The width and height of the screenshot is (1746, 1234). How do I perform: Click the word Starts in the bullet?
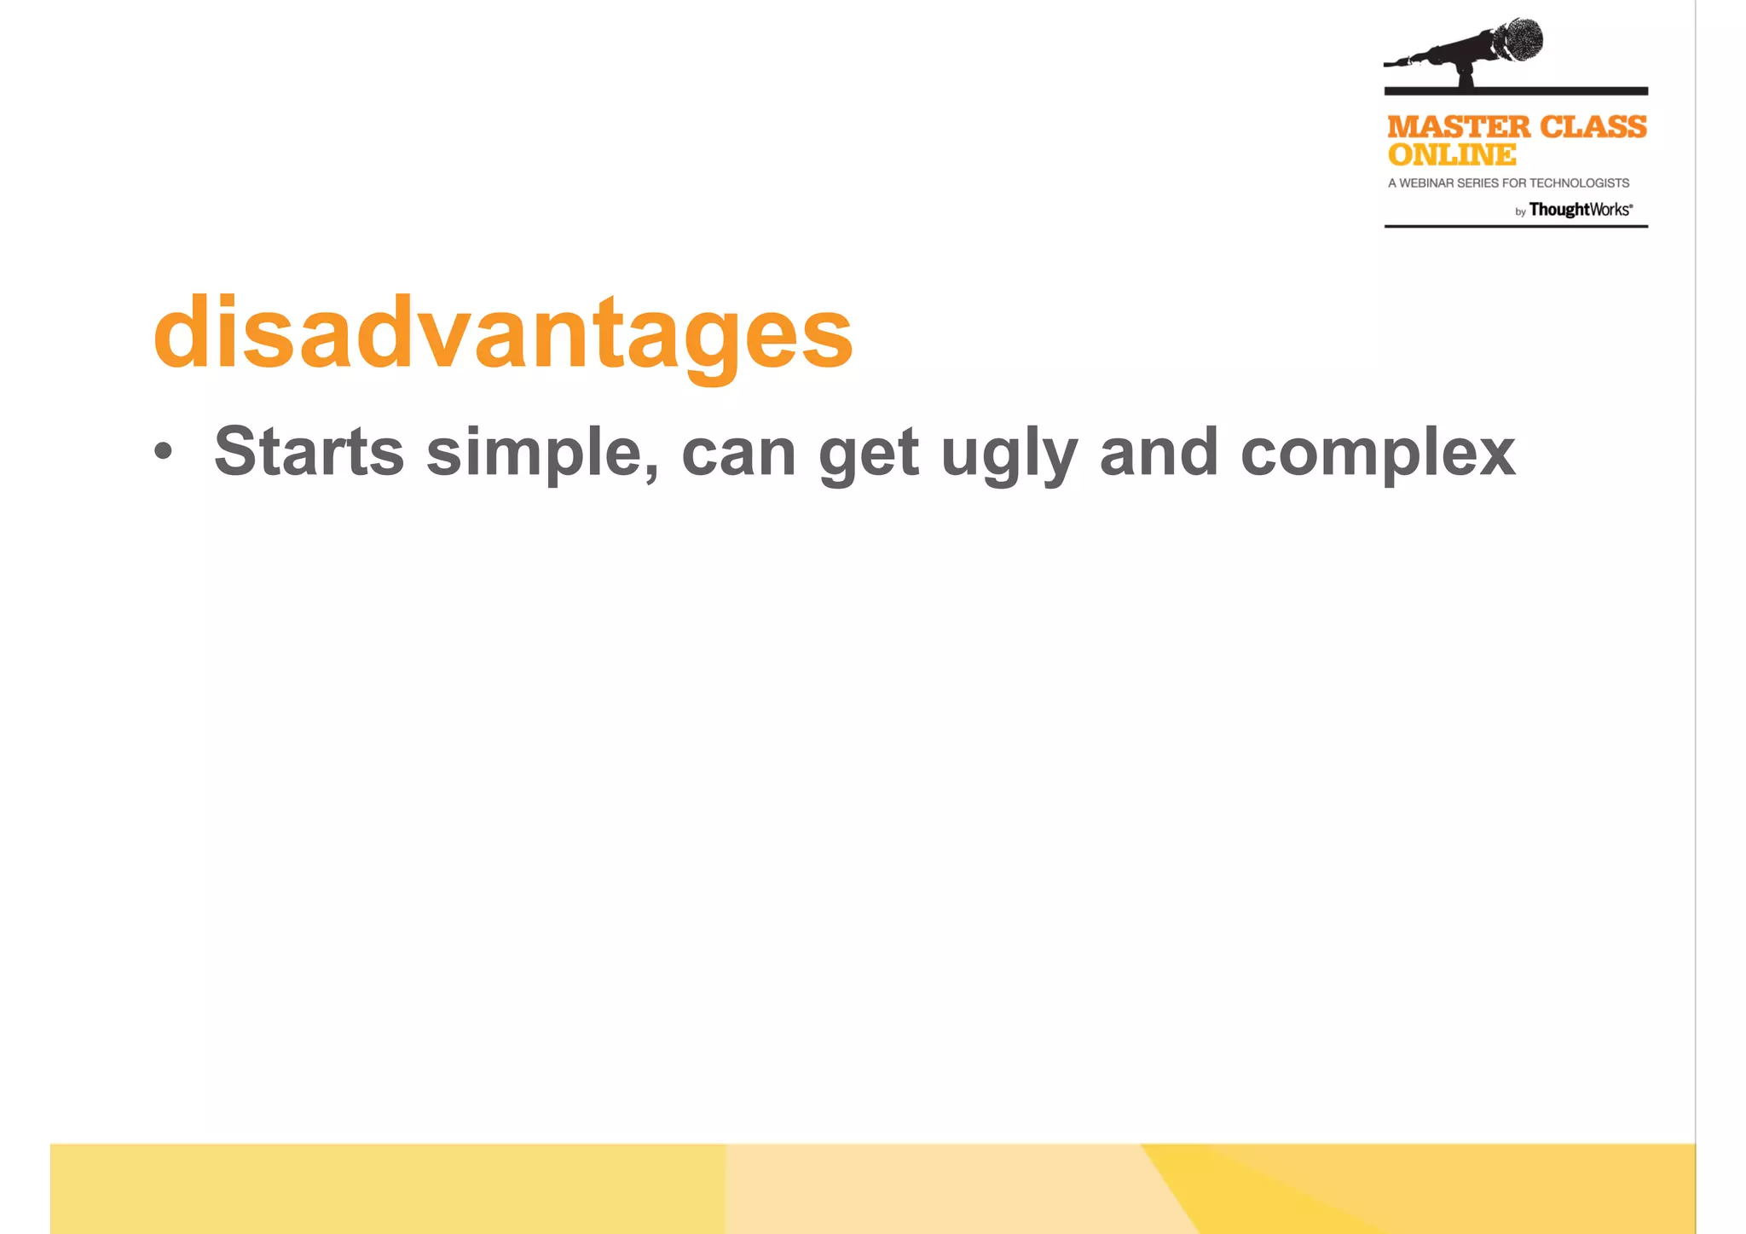(x=309, y=452)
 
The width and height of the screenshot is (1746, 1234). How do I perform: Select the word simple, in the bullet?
(x=542, y=452)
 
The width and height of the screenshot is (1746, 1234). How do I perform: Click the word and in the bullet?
(x=1159, y=452)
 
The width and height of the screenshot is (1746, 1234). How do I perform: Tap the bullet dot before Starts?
(x=163, y=452)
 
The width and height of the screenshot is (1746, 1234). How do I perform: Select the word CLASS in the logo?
(x=1593, y=127)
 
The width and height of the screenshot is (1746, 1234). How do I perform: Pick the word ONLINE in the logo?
(x=1451, y=155)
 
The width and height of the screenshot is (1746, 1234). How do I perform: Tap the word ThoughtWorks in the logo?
(x=1579, y=210)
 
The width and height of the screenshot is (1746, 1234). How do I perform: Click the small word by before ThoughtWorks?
(x=1520, y=212)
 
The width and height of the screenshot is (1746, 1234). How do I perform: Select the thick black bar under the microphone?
(x=1515, y=90)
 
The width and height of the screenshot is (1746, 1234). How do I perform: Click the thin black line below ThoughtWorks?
(x=1515, y=226)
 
